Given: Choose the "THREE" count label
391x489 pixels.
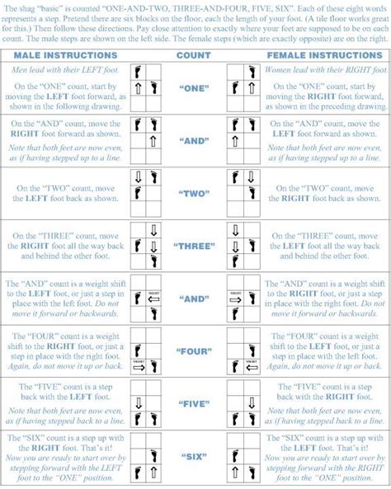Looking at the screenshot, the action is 195,246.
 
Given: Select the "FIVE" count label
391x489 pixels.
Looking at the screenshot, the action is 195,404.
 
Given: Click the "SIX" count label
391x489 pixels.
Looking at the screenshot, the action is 195,455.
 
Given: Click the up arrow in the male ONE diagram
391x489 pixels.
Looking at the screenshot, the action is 138,87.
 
